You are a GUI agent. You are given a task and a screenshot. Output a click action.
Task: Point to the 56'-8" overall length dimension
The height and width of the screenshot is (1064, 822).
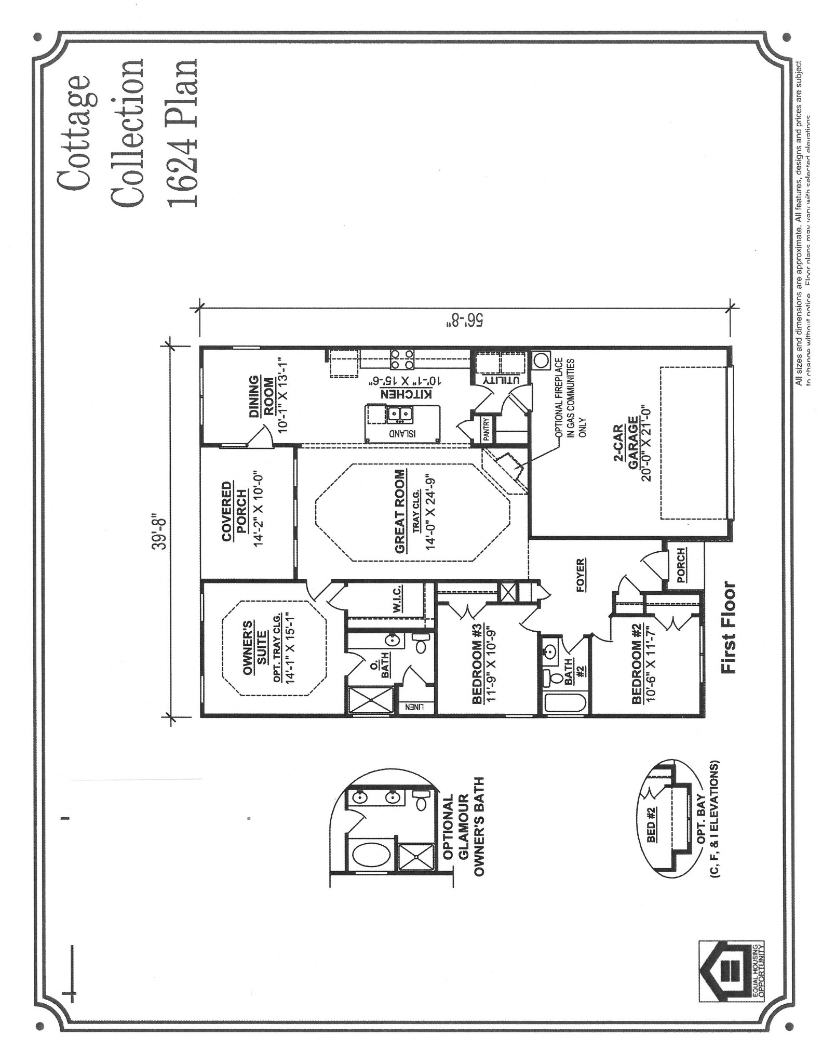click(x=465, y=318)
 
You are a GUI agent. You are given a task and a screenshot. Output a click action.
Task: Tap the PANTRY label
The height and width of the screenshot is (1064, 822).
click(x=487, y=430)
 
